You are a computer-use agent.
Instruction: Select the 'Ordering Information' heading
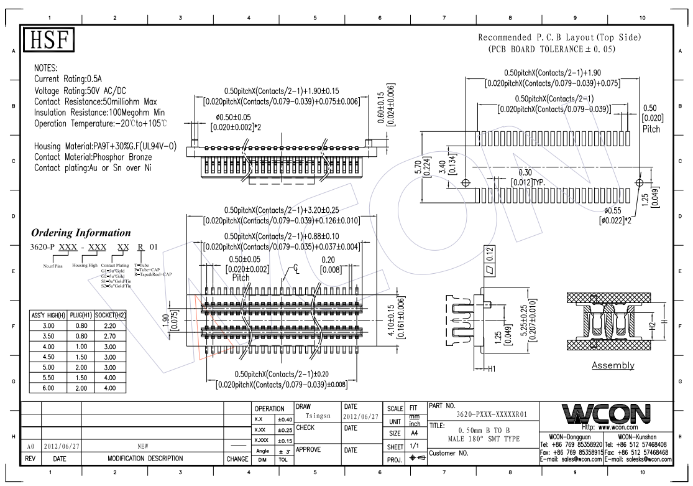pos(81,233)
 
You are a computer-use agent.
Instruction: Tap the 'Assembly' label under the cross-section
pos(613,365)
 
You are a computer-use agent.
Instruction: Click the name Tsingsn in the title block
pos(317,416)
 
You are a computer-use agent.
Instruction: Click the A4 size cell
pos(412,433)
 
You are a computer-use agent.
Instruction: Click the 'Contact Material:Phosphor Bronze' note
pos(93,157)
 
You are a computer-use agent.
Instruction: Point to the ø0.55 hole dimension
pos(610,211)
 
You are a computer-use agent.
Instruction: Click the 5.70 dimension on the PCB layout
pos(418,168)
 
